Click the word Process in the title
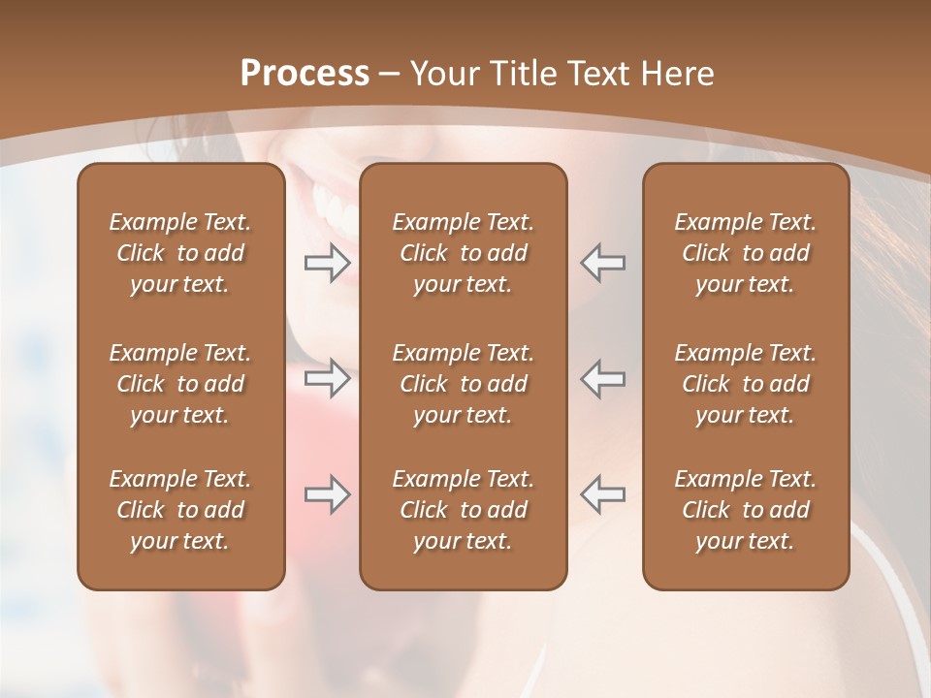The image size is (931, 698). [x=305, y=74]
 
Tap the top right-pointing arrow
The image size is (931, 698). [x=327, y=263]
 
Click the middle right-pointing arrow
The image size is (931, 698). [x=327, y=378]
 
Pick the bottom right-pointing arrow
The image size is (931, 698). [x=327, y=494]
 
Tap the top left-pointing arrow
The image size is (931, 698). [x=603, y=263]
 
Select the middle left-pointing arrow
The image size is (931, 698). [x=603, y=378]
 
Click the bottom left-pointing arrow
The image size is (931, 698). [x=603, y=494]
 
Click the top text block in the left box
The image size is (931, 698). [x=180, y=253]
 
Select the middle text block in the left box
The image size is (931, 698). [x=180, y=384]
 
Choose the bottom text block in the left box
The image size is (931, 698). [x=180, y=510]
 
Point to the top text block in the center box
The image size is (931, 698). [x=463, y=253]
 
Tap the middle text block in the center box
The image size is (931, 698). [x=463, y=384]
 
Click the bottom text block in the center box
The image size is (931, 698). [x=463, y=510]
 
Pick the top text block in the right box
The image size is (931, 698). [x=745, y=253]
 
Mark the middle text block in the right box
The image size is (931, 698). [x=745, y=384]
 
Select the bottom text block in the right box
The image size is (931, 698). [x=745, y=510]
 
